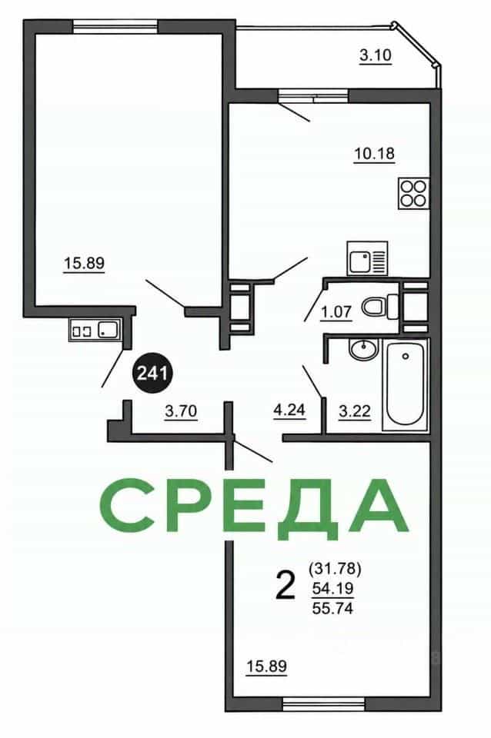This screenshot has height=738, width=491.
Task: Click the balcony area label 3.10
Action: tap(376, 55)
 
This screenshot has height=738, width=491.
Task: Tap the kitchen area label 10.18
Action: tap(374, 154)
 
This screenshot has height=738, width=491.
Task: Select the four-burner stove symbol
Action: tap(414, 193)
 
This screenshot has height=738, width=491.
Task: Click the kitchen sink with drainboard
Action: tap(367, 258)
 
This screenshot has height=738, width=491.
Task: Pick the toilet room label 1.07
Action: tap(336, 312)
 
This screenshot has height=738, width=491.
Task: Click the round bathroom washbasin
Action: tap(363, 349)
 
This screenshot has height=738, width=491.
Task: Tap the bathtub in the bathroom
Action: tap(406, 384)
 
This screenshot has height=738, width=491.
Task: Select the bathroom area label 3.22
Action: tap(355, 411)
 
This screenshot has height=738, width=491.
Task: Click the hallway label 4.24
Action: tap(289, 411)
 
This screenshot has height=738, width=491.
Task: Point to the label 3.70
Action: tap(181, 412)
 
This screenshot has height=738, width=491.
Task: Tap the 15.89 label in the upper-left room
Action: tap(84, 264)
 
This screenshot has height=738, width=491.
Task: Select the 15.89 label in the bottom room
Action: tap(267, 667)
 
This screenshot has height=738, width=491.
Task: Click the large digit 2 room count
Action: tap(285, 585)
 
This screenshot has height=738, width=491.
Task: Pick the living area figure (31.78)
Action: tap(335, 569)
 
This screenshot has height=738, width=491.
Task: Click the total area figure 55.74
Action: tap(332, 609)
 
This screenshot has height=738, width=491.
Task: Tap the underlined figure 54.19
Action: tap(332, 588)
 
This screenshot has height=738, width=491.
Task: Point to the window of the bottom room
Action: tap(324, 704)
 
